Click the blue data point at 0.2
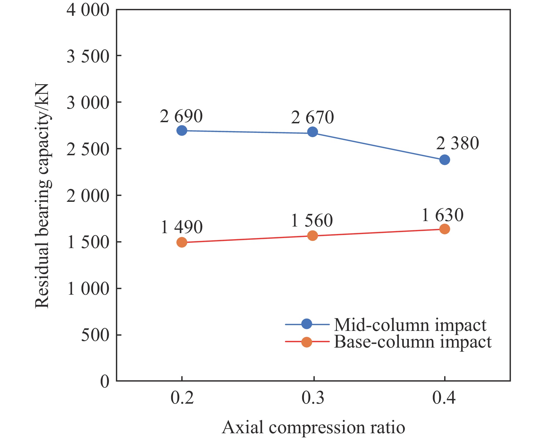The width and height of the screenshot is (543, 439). [182, 131]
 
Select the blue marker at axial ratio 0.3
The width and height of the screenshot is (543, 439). [313, 132]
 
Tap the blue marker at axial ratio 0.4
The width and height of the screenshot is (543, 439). [444, 160]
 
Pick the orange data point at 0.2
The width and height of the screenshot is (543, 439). [182, 242]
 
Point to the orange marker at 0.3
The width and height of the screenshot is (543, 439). [313, 236]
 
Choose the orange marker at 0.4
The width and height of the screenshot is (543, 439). [444, 229]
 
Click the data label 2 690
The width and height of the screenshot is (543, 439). [181, 116]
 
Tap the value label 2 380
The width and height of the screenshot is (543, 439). [457, 143]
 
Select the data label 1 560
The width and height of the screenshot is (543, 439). [312, 221]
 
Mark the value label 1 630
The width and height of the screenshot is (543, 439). [443, 215]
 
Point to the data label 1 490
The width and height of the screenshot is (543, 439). [182, 227]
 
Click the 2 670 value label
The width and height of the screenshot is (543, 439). [313, 118]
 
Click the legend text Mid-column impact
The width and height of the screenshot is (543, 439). [410, 325]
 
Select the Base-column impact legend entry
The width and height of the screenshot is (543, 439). [413, 342]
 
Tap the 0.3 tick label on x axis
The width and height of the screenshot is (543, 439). [313, 398]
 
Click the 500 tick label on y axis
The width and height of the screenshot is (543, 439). [95, 335]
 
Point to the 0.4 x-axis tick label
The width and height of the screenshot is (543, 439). [444, 398]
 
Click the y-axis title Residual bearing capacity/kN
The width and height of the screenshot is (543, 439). [42, 196]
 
